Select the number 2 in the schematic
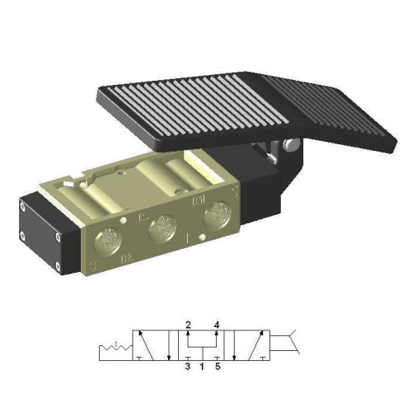[x=189, y=325]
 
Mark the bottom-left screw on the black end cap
[x=58, y=266]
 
